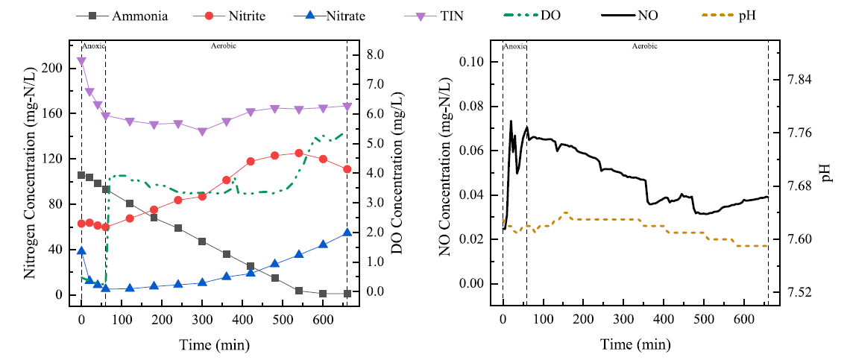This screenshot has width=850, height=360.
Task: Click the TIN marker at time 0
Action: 81,61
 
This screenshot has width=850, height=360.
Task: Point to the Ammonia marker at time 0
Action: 81,175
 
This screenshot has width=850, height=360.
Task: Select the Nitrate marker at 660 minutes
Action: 347,233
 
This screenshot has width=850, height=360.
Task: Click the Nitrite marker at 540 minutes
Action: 299,153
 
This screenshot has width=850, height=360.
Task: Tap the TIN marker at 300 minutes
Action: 202,131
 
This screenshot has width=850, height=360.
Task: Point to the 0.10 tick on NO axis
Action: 479,63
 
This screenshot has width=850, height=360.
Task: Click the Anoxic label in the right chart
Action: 514,46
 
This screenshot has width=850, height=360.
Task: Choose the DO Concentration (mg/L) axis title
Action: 397,173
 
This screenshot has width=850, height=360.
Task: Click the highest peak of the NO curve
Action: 511,121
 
